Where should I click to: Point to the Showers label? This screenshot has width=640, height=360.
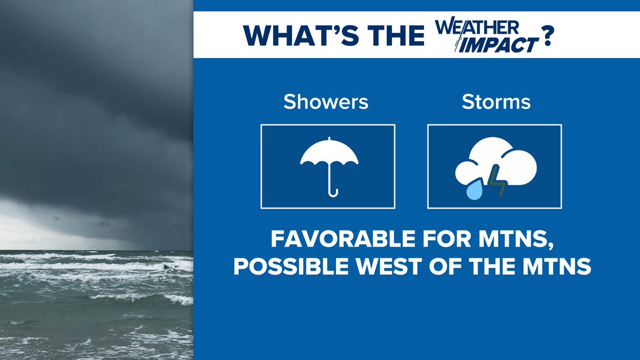(x=326, y=101)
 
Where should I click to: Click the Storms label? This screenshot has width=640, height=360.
(x=496, y=101)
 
